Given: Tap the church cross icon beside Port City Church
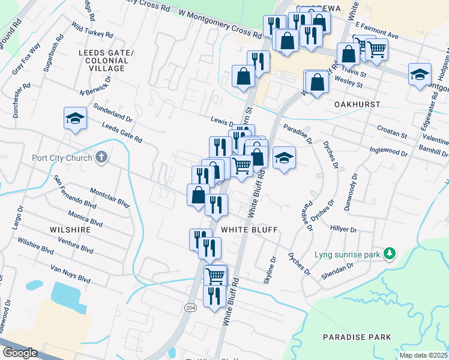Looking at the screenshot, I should [x=101, y=158].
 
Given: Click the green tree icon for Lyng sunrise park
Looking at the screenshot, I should [x=390, y=254].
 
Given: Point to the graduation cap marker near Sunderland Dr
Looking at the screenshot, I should [x=76, y=118].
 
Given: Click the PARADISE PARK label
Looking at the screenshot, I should [x=357, y=337].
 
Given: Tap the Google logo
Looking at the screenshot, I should [x=20, y=353].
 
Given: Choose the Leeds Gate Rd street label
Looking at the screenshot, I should [x=122, y=133].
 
